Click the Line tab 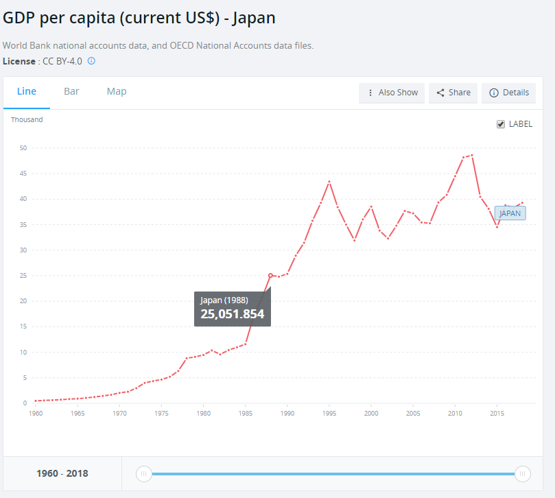(x=27, y=92)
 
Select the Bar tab (x=71, y=92)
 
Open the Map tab (x=117, y=92)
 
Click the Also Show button (x=392, y=93)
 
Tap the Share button (x=453, y=93)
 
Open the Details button (x=509, y=93)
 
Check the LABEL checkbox (x=501, y=124)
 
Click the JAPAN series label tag (x=510, y=213)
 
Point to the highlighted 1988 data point (x=270, y=275)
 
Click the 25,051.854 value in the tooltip (x=232, y=314)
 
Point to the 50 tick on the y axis (x=23, y=148)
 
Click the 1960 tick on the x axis (x=36, y=414)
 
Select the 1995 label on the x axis (x=329, y=414)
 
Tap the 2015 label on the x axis (x=497, y=414)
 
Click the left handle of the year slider (x=143, y=473)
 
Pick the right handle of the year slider (x=523, y=473)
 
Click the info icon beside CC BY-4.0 (x=91, y=61)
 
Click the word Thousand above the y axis (x=27, y=120)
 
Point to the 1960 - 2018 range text (x=62, y=473)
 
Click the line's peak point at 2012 (x=472, y=155)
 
